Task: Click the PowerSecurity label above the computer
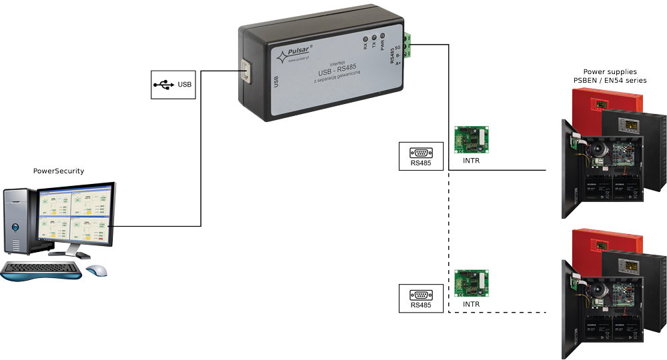pyautogui.click(x=59, y=171)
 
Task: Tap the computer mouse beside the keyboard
pyautogui.click(x=97, y=270)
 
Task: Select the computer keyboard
pyautogui.click(x=41, y=271)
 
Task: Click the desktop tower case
pyautogui.click(x=18, y=220)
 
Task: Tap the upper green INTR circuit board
pyautogui.click(x=471, y=139)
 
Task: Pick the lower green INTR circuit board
pyautogui.click(x=471, y=283)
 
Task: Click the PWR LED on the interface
pyautogui.click(x=382, y=37)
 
